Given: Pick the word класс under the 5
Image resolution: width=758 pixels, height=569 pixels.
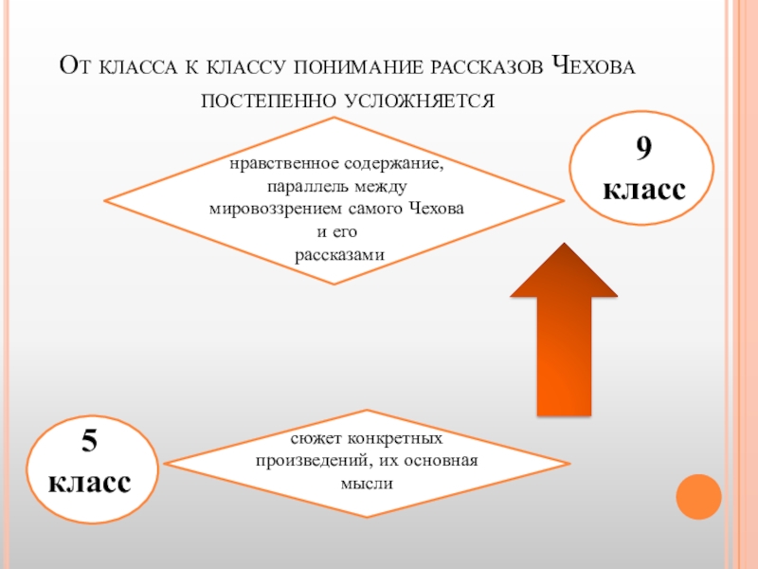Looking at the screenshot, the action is (91, 483).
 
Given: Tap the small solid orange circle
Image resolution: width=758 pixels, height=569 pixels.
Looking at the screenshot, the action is (699, 497).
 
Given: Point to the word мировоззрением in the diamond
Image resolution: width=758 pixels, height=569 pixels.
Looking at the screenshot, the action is (275, 209).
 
